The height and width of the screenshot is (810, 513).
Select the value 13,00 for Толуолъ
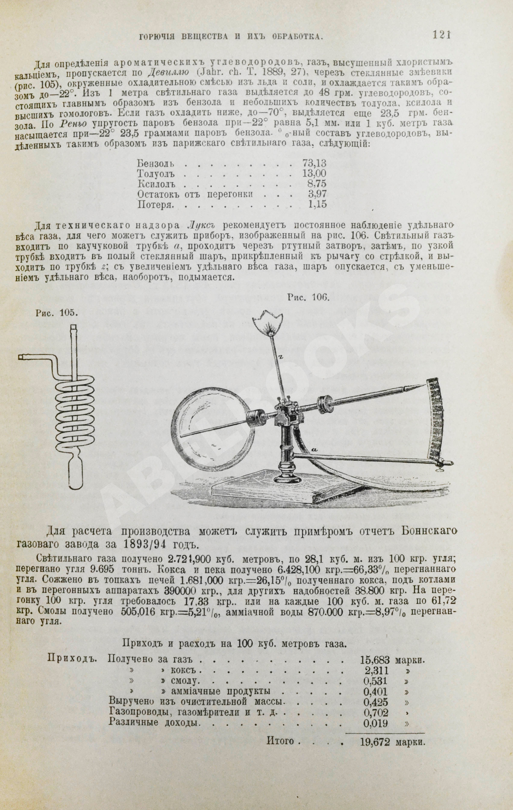point(314,173)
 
